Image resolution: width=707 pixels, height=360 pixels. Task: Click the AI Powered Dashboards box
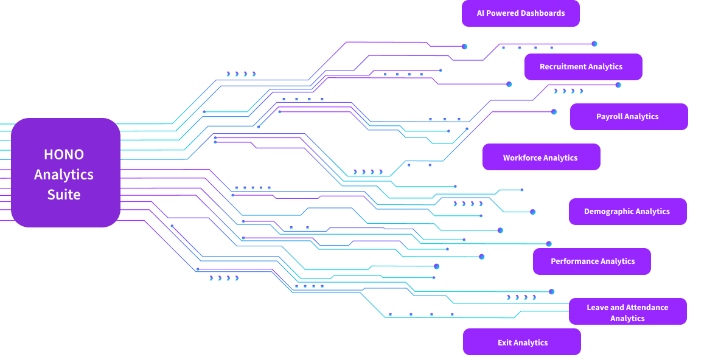coord(520,13)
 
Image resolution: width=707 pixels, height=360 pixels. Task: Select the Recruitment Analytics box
coord(583,67)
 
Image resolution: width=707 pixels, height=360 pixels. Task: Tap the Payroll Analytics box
coord(629,117)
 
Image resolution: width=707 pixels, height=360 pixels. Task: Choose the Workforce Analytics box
coord(541,157)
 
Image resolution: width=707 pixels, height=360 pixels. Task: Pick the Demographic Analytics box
coord(627,212)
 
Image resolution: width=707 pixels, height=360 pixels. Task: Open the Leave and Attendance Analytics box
coord(627,311)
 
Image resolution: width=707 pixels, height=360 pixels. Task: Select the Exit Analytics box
coord(521,342)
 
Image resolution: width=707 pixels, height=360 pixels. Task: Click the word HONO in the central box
coord(64,154)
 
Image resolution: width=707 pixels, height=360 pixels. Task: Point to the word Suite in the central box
coord(64,195)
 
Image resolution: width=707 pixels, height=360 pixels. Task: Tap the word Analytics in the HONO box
coord(64,175)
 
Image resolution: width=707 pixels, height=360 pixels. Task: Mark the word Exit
coord(504,342)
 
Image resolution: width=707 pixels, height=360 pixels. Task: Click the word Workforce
coord(522,157)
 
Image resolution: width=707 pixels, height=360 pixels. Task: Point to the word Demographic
coord(609,212)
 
